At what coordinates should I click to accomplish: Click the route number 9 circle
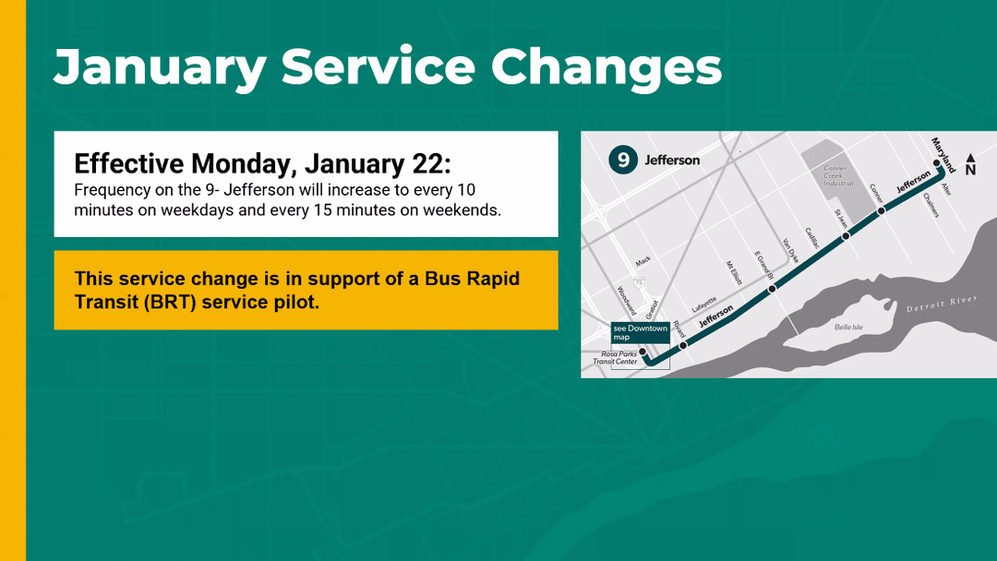point(623,160)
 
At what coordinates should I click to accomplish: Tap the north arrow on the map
point(970,164)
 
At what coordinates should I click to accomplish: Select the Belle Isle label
point(848,328)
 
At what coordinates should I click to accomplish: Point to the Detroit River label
point(942,304)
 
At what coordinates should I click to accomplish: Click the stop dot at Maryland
point(937,163)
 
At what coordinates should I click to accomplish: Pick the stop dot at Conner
point(881,210)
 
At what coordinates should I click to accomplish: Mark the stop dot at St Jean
point(846,235)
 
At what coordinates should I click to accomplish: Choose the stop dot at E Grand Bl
point(772,289)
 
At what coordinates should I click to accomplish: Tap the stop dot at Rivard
point(683,346)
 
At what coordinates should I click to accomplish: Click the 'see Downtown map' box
point(641,332)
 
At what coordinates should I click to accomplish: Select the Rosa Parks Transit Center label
point(616,358)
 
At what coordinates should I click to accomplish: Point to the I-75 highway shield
point(639,282)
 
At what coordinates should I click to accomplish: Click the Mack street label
point(643,261)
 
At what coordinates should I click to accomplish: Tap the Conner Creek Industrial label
point(838,176)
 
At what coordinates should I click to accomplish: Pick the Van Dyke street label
point(789,250)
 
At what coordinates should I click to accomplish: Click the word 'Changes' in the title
point(607,66)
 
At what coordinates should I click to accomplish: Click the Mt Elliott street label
point(734,273)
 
